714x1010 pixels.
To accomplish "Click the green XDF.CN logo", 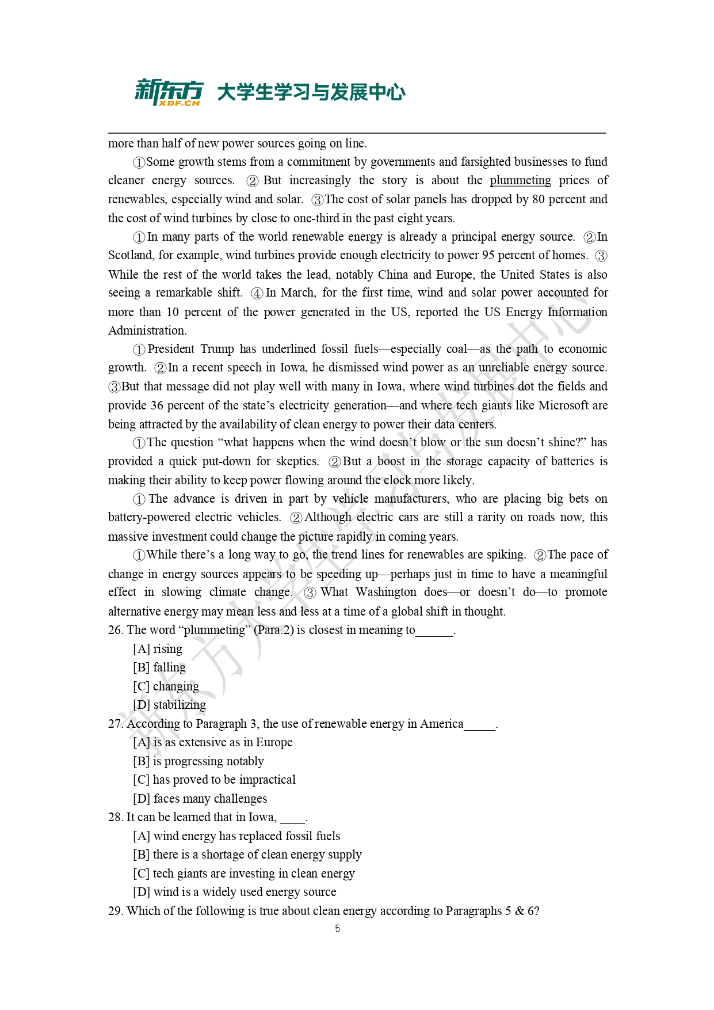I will tap(169, 92).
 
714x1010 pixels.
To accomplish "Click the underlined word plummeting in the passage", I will tap(520, 181).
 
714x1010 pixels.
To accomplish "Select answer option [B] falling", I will tap(159, 667).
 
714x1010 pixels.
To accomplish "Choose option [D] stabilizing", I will tap(169, 705).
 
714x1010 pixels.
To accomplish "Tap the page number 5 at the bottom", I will tap(338, 928).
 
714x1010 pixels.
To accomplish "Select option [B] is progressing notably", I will tap(198, 761).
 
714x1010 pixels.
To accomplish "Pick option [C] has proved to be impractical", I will tap(214, 780).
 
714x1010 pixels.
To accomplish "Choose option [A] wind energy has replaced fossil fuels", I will tap(236, 836).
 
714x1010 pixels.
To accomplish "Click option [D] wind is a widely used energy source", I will tap(235, 892).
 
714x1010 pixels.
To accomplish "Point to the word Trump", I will tap(217, 349).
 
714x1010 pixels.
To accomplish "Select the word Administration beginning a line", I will tap(147, 331).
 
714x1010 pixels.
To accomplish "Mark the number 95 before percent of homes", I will tap(488, 255).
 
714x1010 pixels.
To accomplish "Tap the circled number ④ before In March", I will tap(257, 293).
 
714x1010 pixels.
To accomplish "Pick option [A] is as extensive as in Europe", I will tap(213, 742).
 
